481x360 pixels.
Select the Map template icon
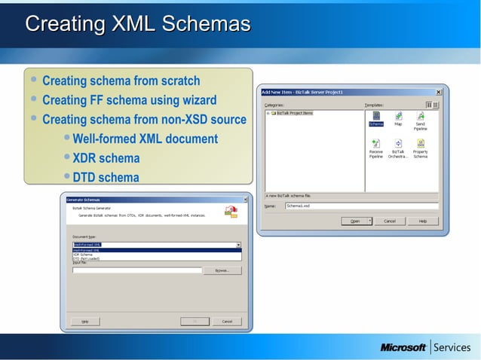(398, 117)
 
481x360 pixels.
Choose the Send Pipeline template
(420, 117)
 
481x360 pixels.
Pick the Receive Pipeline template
(375, 145)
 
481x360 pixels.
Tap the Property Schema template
(420, 145)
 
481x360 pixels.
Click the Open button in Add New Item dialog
(354, 221)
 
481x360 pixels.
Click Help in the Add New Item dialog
(423, 221)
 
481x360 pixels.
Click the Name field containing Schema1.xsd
(360, 206)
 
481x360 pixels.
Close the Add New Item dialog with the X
(438, 92)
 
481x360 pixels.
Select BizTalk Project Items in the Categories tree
(294, 113)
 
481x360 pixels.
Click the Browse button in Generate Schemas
(222, 270)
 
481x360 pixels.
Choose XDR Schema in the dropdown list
(83, 255)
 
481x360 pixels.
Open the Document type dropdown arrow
(238, 245)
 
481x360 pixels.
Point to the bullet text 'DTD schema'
(106, 178)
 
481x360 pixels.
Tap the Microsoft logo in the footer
(403, 348)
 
